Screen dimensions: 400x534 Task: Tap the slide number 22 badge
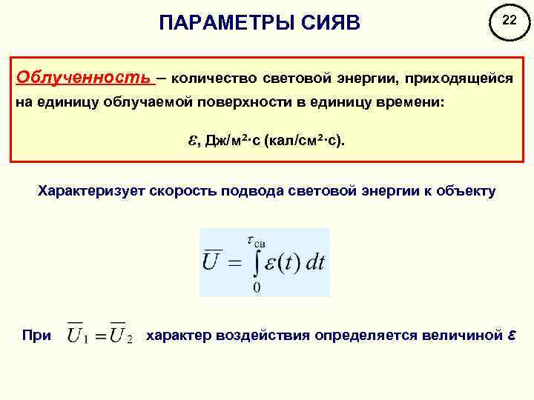click(509, 22)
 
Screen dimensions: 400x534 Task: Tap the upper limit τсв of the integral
click(257, 240)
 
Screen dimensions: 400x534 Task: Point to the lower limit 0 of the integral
click(256, 287)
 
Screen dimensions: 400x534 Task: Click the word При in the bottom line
click(37, 336)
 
